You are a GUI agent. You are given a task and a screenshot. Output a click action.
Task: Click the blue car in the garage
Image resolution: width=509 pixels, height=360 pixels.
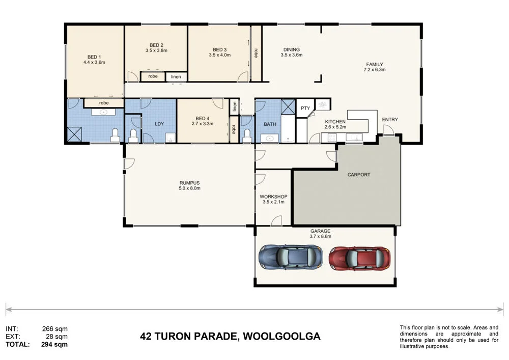click(291, 257)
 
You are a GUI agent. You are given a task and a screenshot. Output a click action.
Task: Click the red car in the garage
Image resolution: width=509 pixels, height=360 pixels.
click(360, 258)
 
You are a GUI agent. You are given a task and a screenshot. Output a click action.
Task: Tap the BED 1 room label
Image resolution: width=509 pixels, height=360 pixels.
click(94, 57)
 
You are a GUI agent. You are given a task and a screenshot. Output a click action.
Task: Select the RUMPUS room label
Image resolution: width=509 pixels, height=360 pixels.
click(189, 183)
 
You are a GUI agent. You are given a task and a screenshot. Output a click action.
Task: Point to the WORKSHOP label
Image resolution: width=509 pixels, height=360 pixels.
click(273, 197)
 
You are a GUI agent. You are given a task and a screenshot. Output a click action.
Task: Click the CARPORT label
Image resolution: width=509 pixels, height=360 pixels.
click(359, 175)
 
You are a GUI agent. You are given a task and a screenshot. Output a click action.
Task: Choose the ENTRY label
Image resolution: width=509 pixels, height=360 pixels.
click(390, 120)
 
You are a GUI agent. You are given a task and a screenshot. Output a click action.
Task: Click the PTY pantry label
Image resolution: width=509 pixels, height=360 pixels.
click(305, 108)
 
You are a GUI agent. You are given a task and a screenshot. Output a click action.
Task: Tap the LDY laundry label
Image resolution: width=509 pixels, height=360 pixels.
click(159, 124)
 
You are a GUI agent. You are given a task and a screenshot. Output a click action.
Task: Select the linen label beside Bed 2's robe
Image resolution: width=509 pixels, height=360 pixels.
click(176, 76)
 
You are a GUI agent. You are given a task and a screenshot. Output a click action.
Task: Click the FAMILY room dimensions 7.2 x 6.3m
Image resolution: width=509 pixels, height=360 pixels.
click(375, 69)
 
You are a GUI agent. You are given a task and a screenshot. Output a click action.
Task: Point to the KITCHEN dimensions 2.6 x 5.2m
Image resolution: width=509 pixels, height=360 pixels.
click(335, 127)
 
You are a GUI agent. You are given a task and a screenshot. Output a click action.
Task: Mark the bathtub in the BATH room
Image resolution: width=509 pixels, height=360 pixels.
click(288, 129)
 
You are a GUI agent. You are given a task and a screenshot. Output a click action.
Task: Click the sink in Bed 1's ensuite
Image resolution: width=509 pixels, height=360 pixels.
click(103, 113)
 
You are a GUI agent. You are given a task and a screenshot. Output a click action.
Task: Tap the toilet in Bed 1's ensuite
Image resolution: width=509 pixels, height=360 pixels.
click(115, 135)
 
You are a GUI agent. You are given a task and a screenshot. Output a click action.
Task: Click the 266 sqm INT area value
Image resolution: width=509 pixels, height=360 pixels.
click(55, 329)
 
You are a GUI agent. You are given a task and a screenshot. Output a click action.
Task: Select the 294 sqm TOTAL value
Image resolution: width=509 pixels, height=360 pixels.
click(54, 344)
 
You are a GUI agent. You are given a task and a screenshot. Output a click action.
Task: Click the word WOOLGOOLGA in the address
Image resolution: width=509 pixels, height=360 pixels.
click(282, 336)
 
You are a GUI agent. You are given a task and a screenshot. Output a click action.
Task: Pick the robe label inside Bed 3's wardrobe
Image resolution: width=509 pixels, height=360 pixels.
click(256, 53)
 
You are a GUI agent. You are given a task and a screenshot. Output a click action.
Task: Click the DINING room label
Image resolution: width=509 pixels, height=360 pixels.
click(292, 50)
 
